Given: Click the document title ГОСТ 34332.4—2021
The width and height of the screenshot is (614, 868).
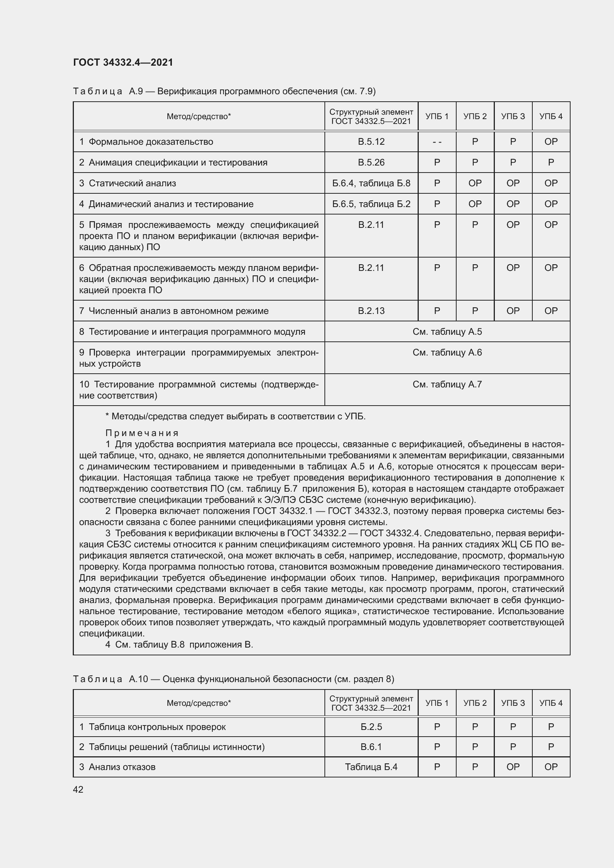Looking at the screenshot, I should coord(123,62).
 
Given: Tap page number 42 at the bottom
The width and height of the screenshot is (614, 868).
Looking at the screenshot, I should coord(78,789).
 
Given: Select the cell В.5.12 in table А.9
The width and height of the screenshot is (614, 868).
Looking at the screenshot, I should coord(371,142).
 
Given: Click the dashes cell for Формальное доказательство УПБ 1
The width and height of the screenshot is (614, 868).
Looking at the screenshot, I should coord(437,142).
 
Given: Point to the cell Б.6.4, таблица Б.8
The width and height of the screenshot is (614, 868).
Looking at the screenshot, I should coord(371,183).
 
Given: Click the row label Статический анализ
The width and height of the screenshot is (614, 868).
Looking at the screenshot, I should coord(132,183).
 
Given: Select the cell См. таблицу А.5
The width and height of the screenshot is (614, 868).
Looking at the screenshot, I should coord(447,331).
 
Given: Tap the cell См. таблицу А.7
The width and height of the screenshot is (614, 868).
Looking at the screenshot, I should coord(447,384).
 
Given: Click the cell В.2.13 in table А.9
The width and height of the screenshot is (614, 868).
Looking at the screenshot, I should coord(371,311).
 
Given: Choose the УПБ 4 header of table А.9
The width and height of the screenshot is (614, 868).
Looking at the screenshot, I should coord(551,117).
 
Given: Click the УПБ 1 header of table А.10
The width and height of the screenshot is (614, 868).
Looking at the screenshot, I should coord(437,703).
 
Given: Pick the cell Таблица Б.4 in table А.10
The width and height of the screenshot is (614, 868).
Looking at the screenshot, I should coord(371,767).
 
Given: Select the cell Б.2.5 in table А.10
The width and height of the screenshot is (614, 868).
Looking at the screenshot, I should coord(371,727).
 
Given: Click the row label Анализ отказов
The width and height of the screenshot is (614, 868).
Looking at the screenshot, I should coord(122,767).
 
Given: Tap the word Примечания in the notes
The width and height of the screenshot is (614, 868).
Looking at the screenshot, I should coord(142,433).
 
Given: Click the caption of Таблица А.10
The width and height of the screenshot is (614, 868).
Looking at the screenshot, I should coord(233,679).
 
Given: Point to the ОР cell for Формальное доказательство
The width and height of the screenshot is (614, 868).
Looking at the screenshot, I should coord(551,142).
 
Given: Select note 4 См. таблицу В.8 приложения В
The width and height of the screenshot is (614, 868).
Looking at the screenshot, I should coord(179,645).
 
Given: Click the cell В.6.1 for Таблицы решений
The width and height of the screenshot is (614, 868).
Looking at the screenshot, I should coord(371,747).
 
